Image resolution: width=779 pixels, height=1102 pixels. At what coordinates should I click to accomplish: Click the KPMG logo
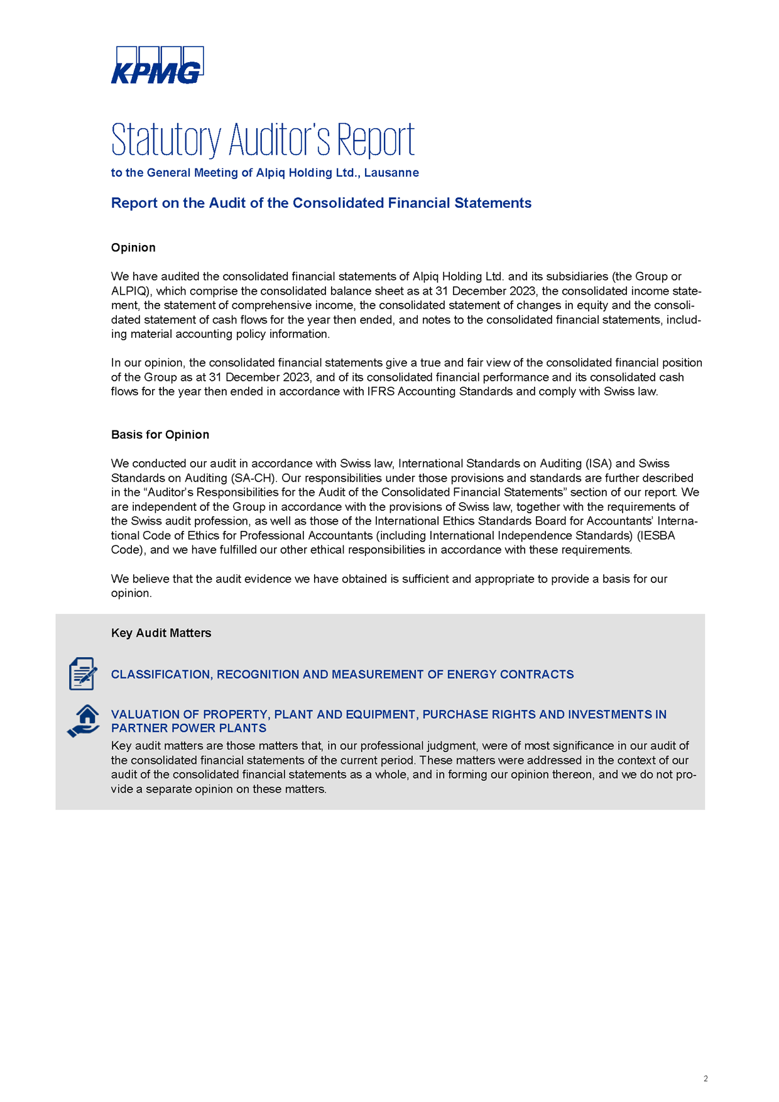157,65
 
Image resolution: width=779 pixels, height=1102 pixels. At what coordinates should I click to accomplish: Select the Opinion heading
133,248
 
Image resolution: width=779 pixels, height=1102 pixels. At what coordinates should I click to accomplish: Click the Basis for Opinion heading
160,435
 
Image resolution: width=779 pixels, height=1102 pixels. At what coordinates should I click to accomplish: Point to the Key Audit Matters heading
161,633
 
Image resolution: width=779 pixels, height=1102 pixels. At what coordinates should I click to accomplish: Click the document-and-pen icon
83,674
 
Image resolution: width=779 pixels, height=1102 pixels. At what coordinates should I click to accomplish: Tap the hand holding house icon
84,721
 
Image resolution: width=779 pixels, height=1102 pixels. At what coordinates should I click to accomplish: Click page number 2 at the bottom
705,1079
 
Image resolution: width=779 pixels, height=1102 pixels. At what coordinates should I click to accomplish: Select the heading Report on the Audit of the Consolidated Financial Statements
321,203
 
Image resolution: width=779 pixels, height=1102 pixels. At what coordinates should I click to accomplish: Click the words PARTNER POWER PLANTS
188,729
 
